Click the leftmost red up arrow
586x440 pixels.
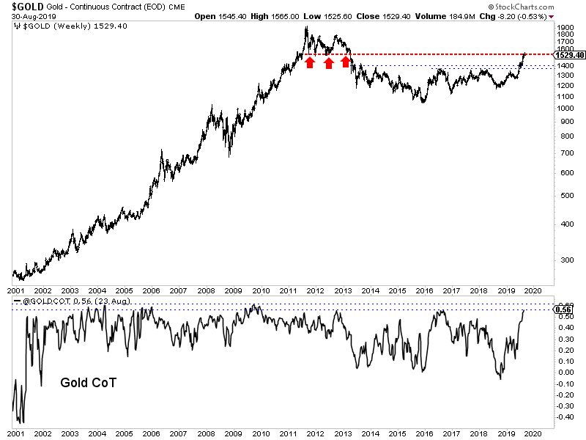tap(310, 62)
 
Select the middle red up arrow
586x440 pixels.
tap(328, 62)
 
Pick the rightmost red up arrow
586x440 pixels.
tap(345, 62)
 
